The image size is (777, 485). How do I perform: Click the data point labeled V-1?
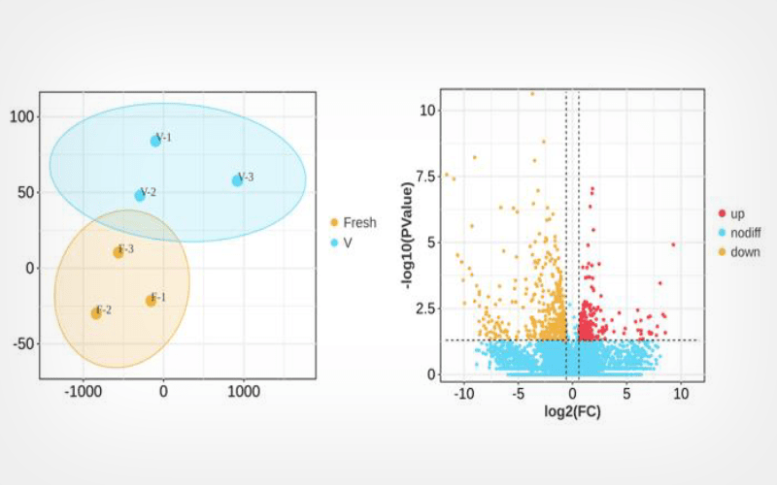[x=155, y=141]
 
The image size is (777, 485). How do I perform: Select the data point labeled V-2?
[x=140, y=195]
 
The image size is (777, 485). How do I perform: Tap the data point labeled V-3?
[x=237, y=180]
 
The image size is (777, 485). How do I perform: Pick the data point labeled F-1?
[x=151, y=301]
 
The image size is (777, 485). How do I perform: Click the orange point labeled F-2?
[x=96, y=313]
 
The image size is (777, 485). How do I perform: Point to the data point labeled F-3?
[x=118, y=252]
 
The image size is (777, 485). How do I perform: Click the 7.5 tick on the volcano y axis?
[x=424, y=177]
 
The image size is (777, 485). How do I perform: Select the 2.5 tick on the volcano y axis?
[x=424, y=308]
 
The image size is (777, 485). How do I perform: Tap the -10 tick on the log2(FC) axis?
[x=465, y=394]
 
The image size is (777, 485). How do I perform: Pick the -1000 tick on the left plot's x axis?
[x=83, y=392]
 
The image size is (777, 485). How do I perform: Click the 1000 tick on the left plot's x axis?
[x=244, y=392]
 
